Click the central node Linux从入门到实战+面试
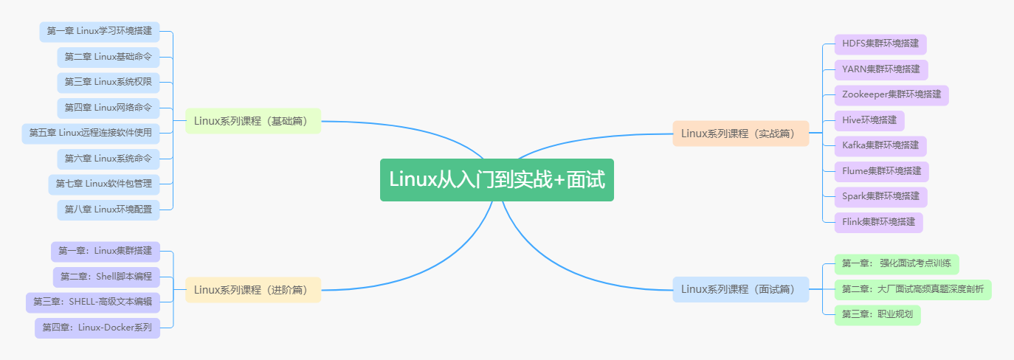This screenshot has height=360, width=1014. (x=497, y=179)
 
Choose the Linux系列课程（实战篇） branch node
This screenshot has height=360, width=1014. (x=740, y=134)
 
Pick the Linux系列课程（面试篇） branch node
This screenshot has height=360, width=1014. (x=740, y=289)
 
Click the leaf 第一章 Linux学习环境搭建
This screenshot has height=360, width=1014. (x=99, y=32)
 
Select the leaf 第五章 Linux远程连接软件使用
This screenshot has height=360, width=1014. (x=90, y=134)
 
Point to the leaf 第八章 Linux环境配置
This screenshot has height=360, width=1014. (x=108, y=210)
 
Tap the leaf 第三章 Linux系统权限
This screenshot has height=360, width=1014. (x=108, y=83)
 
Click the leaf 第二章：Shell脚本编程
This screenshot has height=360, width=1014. (x=106, y=277)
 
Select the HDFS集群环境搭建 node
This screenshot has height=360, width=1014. (x=880, y=44)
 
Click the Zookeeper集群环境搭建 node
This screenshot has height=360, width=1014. (x=891, y=95)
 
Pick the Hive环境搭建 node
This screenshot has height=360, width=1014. (x=869, y=120)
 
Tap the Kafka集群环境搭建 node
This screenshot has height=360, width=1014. (x=880, y=146)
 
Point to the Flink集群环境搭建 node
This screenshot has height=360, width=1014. (x=878, y=222)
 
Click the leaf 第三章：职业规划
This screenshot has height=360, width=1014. (x=877, y=315)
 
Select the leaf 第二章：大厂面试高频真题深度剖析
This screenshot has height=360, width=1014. (x=913, y=290)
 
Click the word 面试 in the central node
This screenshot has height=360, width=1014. (x=587, y=180)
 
